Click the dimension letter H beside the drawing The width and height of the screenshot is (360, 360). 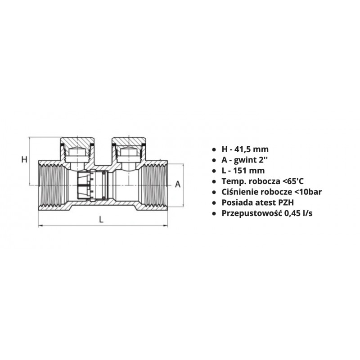point(24,159)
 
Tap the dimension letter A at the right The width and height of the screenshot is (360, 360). point(178,184)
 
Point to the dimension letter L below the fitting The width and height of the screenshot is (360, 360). point(101,220)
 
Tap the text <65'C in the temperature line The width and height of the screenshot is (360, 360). point(293,181)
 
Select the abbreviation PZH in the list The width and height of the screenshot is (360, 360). point(286,202)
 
